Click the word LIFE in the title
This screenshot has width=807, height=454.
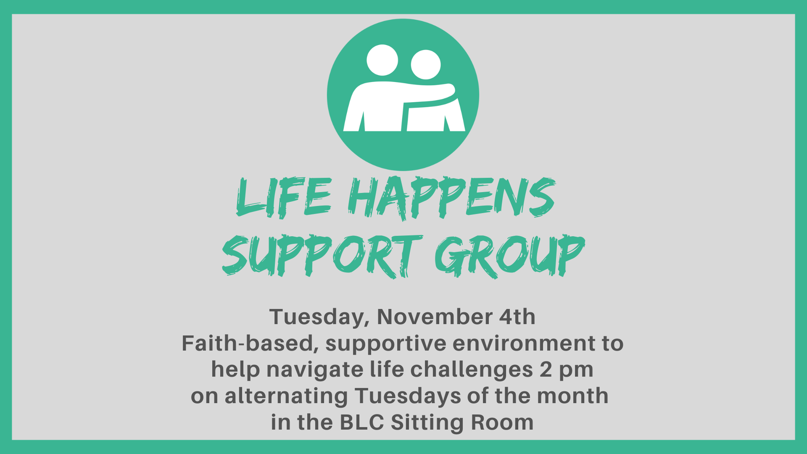[x=284, y=197]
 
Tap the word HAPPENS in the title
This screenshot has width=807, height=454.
[x=452, y=198]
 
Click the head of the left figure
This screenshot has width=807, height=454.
[x=382, y=60]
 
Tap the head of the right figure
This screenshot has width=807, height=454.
[x=426, y=65]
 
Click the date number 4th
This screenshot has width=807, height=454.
[x=517, y=317]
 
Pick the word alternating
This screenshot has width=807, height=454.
[x=286, y=396]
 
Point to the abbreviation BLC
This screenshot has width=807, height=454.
[x=362, y=422]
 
